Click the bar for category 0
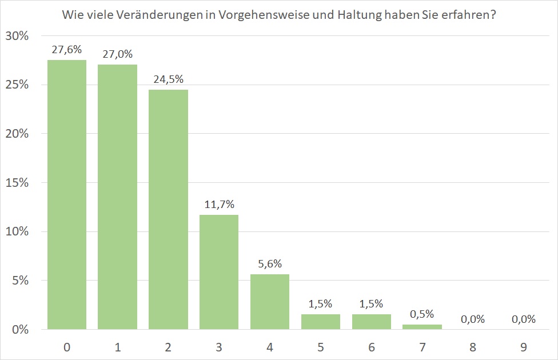tap(67, 194)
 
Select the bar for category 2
tap(168, 209)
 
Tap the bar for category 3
tap(219, 272)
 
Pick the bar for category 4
tap(270, 302)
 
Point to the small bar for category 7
tap(422, 327)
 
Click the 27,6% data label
tap(67, 50)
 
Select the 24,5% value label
tap(168, 79)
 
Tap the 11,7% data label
tap(219, 205)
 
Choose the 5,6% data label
tap(270, 264)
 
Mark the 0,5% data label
tap(422, 314)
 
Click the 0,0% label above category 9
tap(524, 319)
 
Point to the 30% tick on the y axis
tap(17, 36)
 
